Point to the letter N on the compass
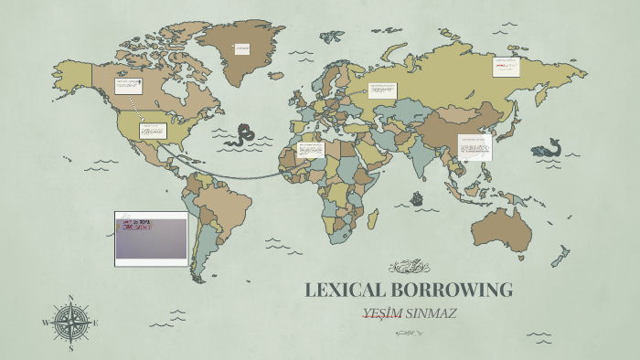point(70,298)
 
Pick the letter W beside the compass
point(46,323)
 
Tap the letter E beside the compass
point(95,323)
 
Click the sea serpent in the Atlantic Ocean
point(244,135)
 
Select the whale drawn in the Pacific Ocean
point(548,147)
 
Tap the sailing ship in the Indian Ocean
point(417,197)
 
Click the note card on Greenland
point(241,49)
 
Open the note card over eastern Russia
point(506,67)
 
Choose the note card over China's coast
point(475,146)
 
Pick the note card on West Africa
point(311,148)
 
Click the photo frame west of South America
point(151,238)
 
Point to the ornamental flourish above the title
point(408,268)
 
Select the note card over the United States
point(152,130)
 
